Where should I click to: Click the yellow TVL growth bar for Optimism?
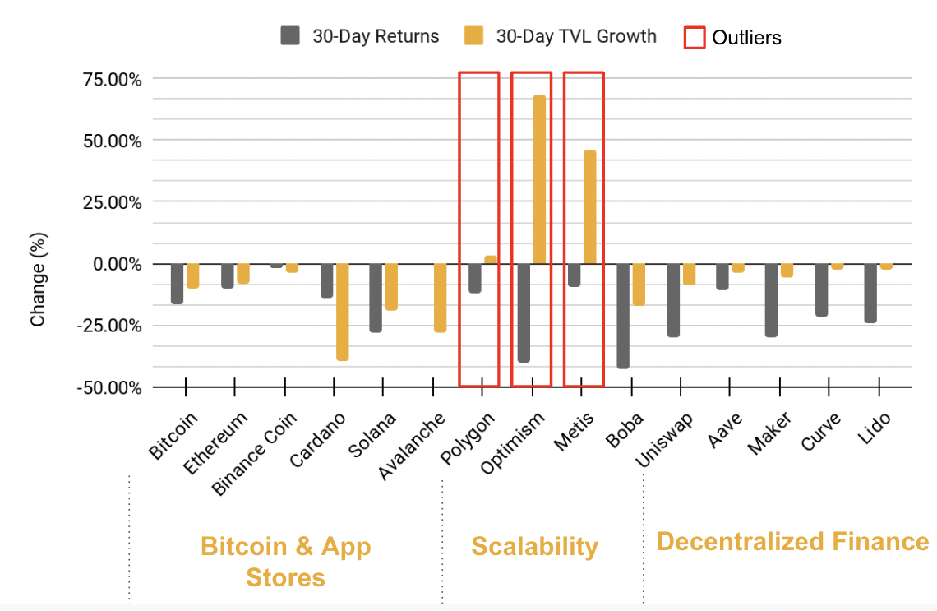click(539, 179)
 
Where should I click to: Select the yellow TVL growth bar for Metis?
click(589, 207)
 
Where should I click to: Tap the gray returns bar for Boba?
click(623, 316)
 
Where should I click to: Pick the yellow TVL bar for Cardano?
click(342, 312)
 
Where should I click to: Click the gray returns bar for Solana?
click(376, 298)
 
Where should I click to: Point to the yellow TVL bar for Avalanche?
click(441, 298)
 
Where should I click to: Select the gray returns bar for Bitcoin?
click(177, 284)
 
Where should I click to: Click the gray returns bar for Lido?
click(871, 293)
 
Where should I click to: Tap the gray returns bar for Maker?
click(772, 300)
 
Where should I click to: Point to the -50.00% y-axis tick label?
click(110, 387)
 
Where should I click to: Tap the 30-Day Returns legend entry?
click(361, 36)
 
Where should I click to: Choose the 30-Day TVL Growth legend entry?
click(561, 36)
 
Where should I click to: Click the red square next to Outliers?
click(695, 37)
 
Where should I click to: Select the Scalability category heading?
click(534, 546)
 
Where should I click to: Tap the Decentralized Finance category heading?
click(793, 541)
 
